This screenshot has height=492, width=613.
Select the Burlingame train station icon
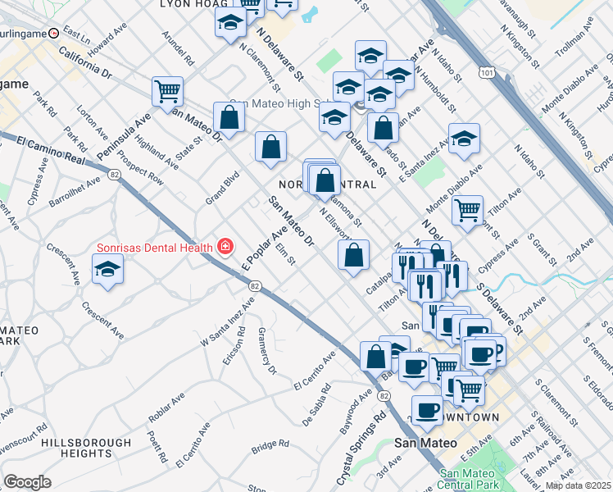(x=53, y=34)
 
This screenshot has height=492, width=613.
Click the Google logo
(x=27, y=482)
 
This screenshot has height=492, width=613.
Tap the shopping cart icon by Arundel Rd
(x=167, y=92)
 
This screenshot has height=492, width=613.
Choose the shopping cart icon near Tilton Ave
(x=467, y=209)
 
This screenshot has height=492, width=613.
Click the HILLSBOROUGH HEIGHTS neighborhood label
(x=86, y=447)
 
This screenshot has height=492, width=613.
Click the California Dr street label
(x=85, y=62)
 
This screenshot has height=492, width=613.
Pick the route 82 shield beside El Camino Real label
(x=112, y=174)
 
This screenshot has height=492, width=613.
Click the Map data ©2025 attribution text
(x=578, y=485)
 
